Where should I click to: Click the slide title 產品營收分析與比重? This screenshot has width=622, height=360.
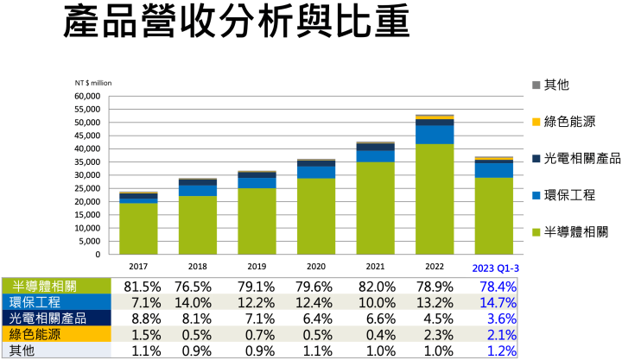click(235, 24)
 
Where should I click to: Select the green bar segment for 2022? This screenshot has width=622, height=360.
click(435, 199)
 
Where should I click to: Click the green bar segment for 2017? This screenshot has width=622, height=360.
click(138, 228)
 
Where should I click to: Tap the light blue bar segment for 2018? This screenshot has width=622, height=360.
click(198, 190)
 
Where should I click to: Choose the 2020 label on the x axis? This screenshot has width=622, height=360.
click(316, 266)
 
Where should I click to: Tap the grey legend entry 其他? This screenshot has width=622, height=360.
click(556, 85)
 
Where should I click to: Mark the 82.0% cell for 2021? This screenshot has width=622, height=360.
click(378, 287)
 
